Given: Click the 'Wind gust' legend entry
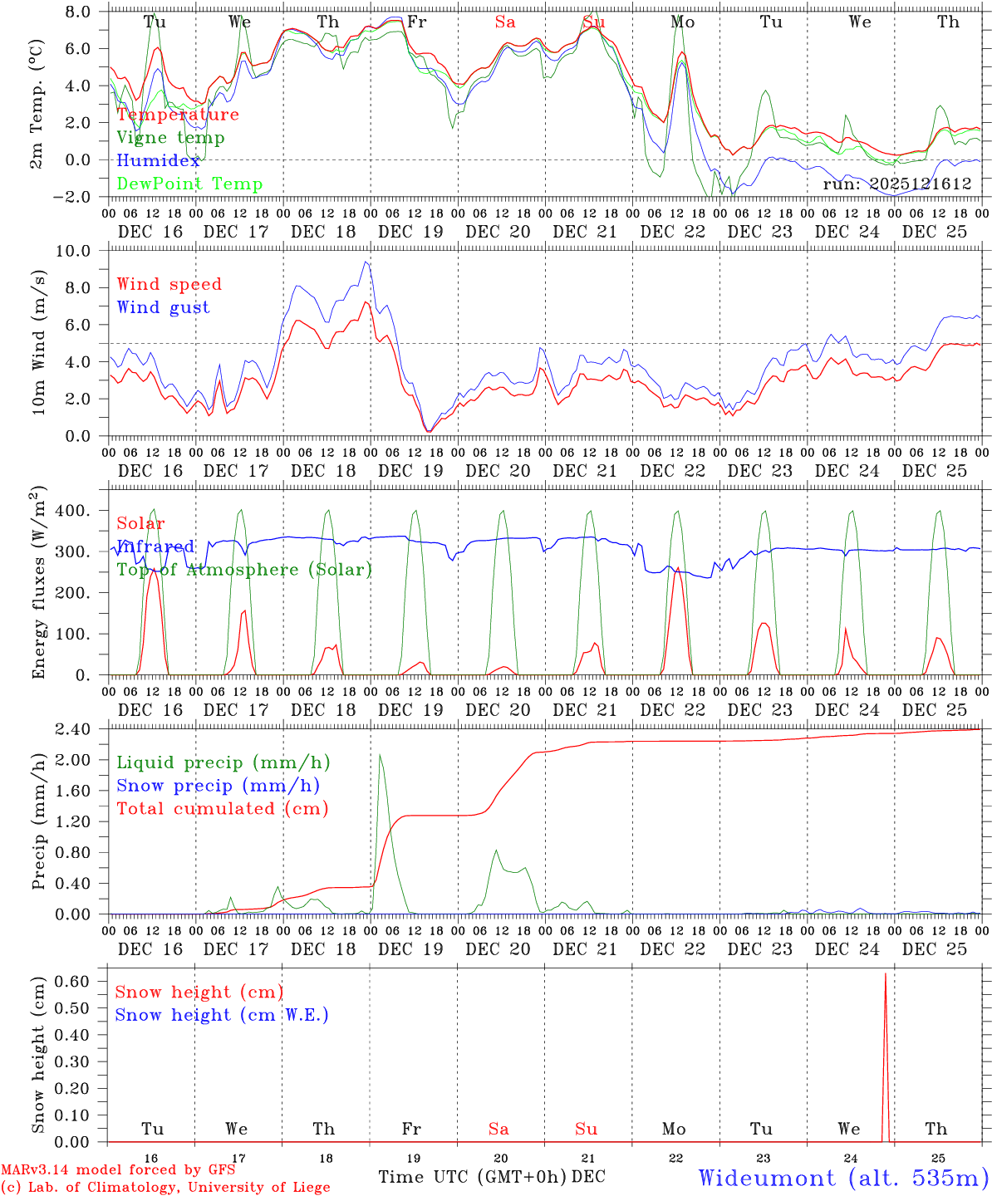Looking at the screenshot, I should tap(163, 307).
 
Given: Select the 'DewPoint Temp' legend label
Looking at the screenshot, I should tap(189, 184).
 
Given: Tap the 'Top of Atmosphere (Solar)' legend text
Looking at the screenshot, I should tap(244, 570).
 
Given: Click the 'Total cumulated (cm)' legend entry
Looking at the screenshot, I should tap(222, 808).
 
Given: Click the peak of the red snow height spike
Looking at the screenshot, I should tap(885, 973).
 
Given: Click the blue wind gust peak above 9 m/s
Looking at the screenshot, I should tap(366, 262).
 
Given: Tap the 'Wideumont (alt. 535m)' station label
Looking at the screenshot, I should tap(843, 1178).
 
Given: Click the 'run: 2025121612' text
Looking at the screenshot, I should tap(897, 184).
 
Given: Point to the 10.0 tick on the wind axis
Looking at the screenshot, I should tap(77, 251).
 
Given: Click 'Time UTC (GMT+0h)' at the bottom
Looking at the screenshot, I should tap(473, 1177).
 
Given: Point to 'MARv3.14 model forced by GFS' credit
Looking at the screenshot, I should tap(117, 1170).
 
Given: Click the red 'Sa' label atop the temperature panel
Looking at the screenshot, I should tap(504, 22).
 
